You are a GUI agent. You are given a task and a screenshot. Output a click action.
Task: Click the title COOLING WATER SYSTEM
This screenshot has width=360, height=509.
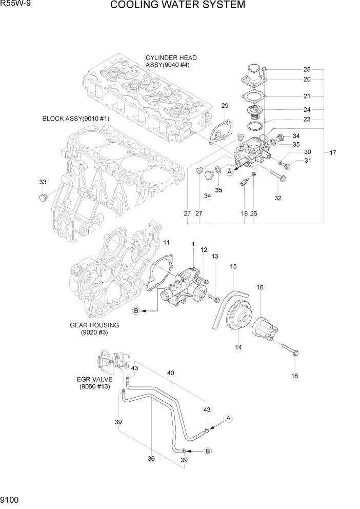pyautogui.click(x=177, y=6)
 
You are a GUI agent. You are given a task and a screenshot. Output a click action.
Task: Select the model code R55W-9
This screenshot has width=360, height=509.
pyautogui.click(x=14, y=5)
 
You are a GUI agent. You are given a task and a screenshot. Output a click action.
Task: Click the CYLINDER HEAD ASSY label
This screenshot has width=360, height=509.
pyautogui.click(x=171, y=62)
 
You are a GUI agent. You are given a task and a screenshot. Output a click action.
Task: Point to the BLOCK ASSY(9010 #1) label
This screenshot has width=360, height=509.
pyautogui.click(x=75, y=119)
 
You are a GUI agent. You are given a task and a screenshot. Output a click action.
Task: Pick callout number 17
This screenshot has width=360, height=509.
pyautogui.click(x=333, y=153)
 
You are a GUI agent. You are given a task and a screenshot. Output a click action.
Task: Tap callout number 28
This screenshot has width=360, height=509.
pyautogui.click(x=307, y=69)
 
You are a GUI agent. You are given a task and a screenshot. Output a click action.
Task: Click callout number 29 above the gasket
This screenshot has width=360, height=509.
pyautogui.click(x=225, y=105)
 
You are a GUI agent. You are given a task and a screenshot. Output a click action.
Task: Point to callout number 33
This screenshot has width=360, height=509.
pyautogui.click(x=43, y=182)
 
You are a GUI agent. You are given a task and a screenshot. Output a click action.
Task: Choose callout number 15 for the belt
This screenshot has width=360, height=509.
pyautogui.click(x=233, y=266)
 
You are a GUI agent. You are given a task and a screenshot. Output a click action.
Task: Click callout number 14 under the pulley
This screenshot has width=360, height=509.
pyautogui.click(x=238, y=347)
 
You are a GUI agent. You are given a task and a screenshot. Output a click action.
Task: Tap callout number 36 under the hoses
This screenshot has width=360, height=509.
pyautogui.click(x=151, y=459)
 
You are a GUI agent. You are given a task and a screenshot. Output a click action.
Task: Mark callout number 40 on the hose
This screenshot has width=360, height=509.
pyautogui.click(x=170, y=373)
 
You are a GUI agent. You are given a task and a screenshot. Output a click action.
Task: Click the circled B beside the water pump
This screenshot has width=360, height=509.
pyautogui.click(x=136, y=310)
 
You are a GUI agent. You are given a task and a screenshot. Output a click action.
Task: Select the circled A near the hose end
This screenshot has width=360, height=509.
pyautogui.click(x=229, y=418)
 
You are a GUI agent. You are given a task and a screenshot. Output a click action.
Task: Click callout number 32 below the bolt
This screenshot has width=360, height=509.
pyautogui.click(x=277, y=198)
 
